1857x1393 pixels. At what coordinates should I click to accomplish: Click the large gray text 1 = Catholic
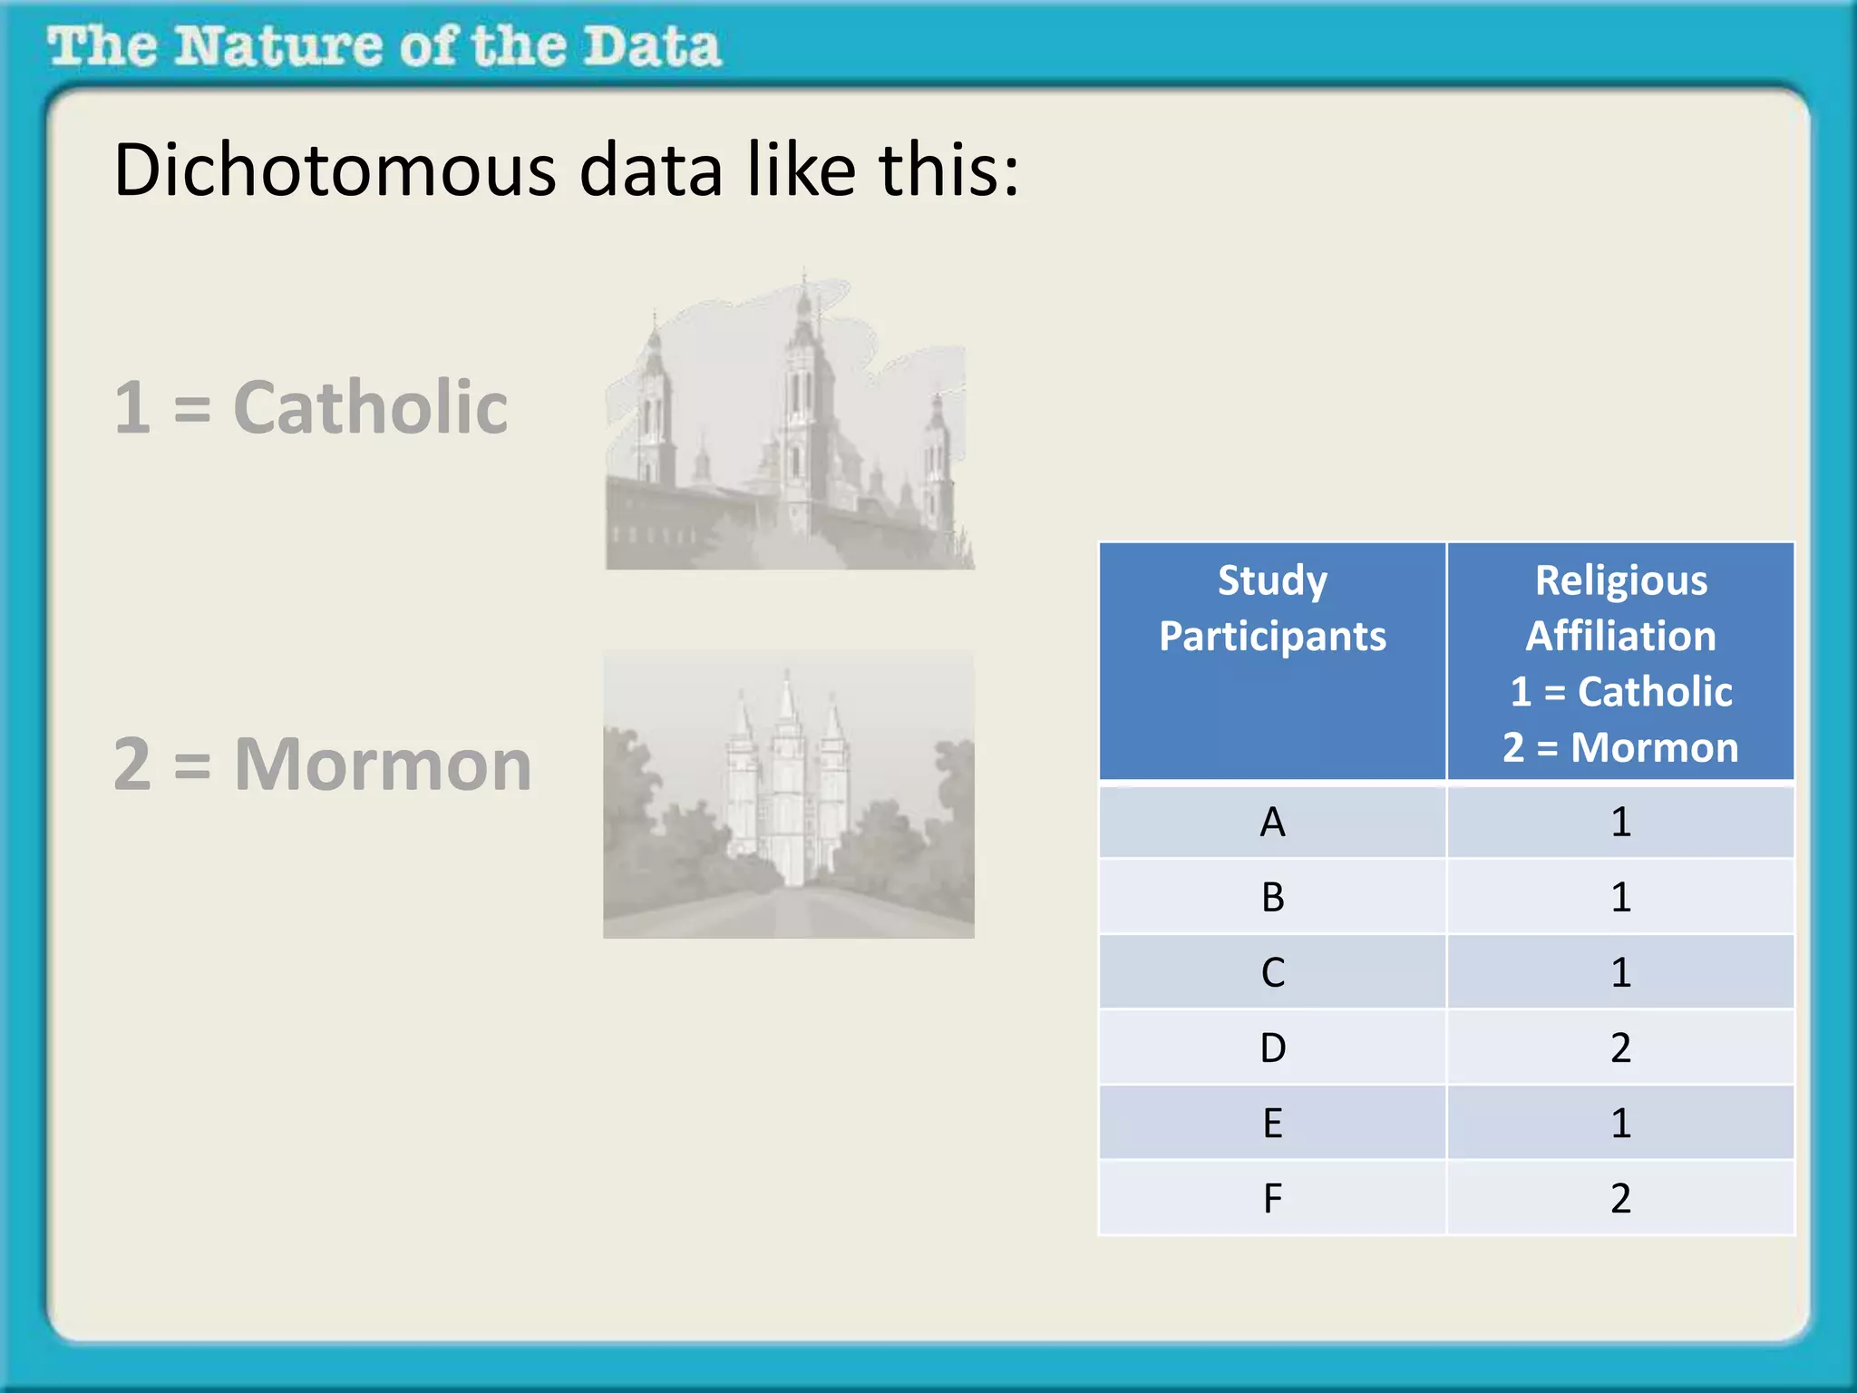[x=310, y=407]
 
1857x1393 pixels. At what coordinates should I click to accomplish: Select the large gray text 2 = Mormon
[x=322, y=765]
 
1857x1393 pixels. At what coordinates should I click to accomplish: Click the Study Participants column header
[x=1272, y=608]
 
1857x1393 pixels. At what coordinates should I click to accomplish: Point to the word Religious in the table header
[x=1620, y=580]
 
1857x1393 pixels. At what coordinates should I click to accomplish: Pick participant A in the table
[x=1272, y=823]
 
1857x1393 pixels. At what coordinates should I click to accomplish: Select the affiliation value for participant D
[x=1620, y=1048]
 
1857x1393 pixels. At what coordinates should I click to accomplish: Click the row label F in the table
[x=1272, y=1199]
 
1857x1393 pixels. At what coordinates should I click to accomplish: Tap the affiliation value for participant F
[x=1620, y=1199]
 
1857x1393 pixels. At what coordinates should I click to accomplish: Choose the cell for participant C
[x=1272, y=973]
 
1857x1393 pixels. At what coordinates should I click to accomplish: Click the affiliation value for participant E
[x=1620, y=1124]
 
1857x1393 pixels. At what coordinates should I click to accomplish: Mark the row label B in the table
[x=1272, y=898]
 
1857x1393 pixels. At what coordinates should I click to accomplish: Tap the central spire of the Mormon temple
[x=788, y=726]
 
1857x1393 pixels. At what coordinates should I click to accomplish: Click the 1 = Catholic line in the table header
[x=1620, y=692]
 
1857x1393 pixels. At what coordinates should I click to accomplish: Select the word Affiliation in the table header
[x=1620, y=636]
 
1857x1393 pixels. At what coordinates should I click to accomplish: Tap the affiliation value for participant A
[x=1620, y=823]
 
